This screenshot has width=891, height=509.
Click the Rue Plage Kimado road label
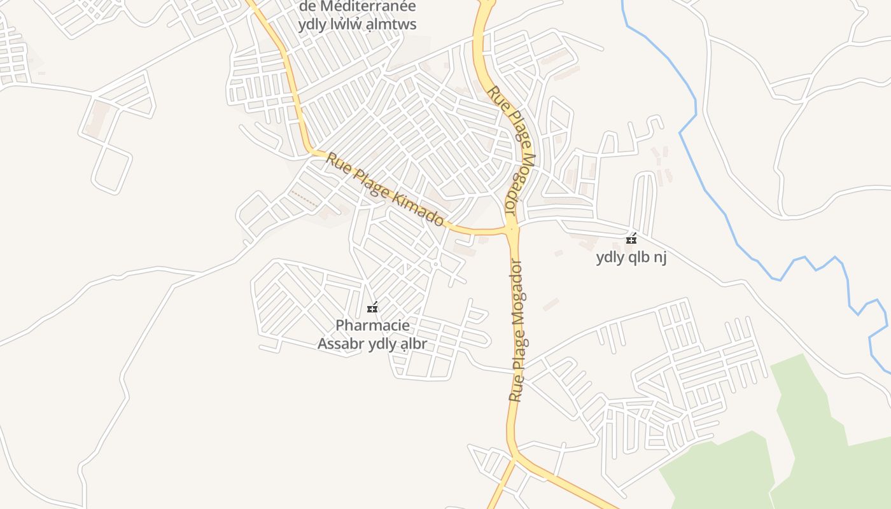point(385,190)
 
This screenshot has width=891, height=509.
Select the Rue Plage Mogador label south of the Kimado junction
point(518,331)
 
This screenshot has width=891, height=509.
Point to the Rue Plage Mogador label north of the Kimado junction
point(513,150)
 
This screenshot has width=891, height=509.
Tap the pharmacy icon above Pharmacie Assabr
point(372,308)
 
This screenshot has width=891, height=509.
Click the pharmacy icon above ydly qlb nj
point(631,239)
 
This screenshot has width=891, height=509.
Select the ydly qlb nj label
point(631,258)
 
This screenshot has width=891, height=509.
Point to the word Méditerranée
point(368,7)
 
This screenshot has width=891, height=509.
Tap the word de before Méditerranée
point(307,7)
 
